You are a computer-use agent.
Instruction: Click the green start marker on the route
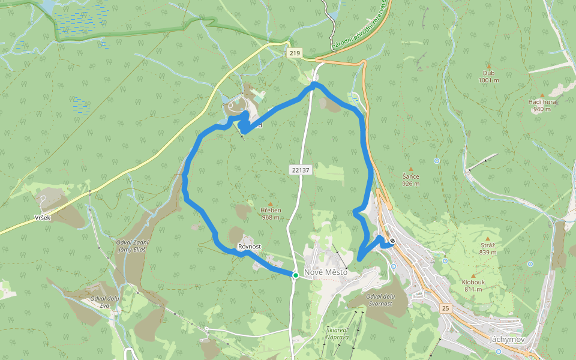pos(296,275)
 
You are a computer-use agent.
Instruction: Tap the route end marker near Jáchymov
pos(392,241)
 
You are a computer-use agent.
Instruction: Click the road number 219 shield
pos(294,53)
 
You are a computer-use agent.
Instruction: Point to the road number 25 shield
pos(445,308)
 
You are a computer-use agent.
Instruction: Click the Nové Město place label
pos(326,272)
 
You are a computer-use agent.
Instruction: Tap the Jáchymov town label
pos(507,339)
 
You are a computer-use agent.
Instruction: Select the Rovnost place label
pos(250,247)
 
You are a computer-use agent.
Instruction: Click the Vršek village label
pos(43,217)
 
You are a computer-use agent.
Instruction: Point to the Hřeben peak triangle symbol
pos(271,204)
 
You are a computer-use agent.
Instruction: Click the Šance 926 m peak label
pos(411,179)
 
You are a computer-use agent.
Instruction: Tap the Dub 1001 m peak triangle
pos(488,66)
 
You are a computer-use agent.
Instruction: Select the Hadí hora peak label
pos(542,106)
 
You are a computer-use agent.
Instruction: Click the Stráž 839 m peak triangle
pos(488,239)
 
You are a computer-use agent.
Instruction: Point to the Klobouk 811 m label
pos(473,286)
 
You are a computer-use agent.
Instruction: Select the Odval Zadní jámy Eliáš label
pos(133,245)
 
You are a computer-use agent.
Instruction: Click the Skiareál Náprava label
pos(338,334)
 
